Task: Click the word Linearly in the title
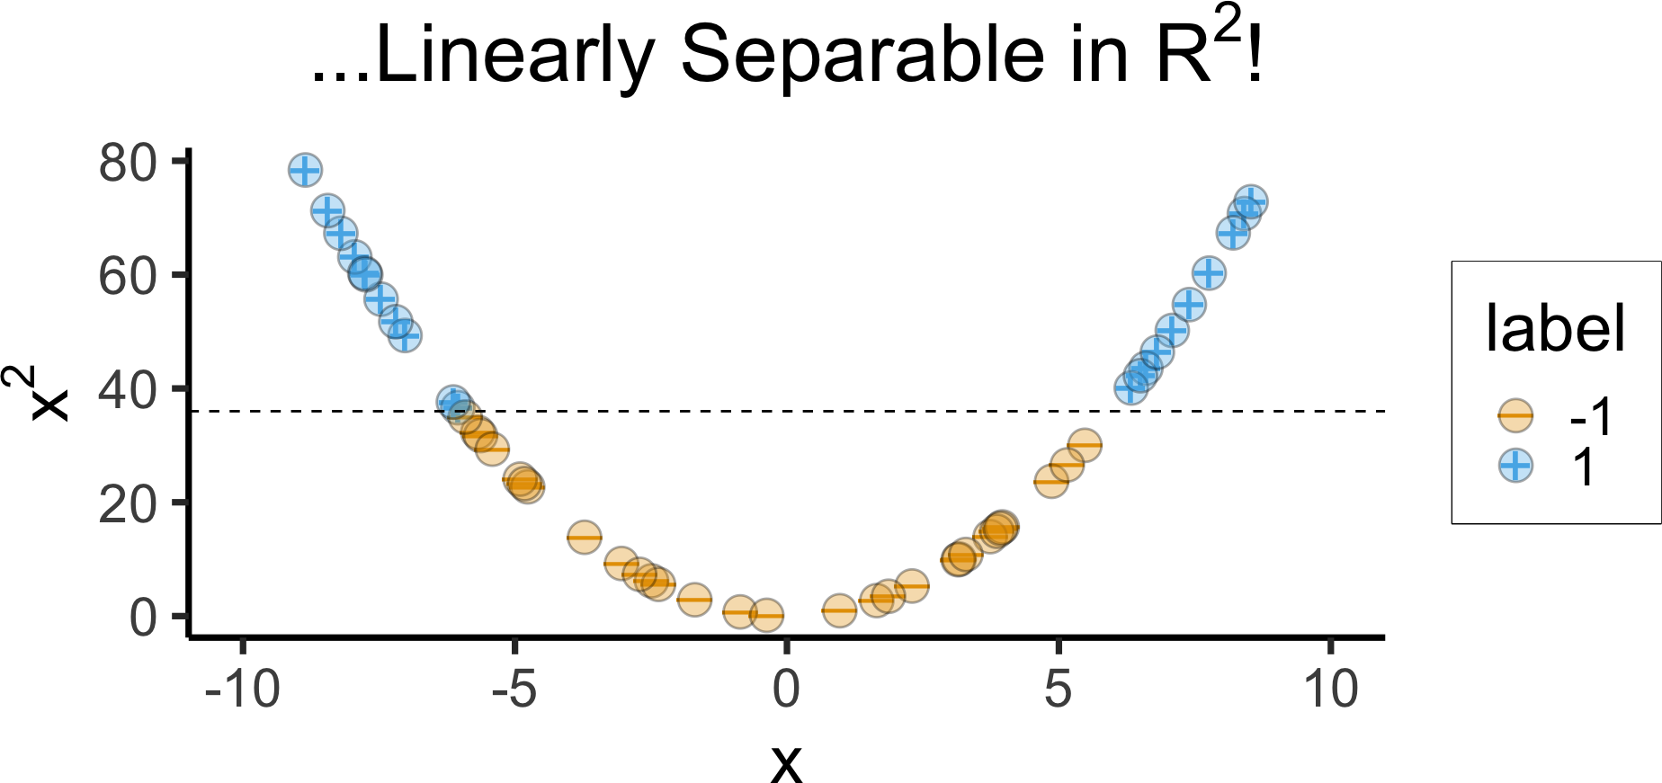point(514,56)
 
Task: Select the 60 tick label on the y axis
point(128,276)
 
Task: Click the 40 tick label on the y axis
point(128,390)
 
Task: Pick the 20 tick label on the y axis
point(128,504)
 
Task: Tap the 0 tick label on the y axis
point(143,618)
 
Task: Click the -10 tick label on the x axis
point(242,690)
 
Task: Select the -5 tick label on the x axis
point(514,690)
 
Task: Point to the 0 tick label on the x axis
point(786,690)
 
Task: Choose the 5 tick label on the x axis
point(1059,690)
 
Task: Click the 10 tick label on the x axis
point(1330,690)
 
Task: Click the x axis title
point(786,762)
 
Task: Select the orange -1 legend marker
point(1515,415)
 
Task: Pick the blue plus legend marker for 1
point(1515,466)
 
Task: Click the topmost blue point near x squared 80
point(305,170)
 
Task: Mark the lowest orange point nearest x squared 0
point(766,616)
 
